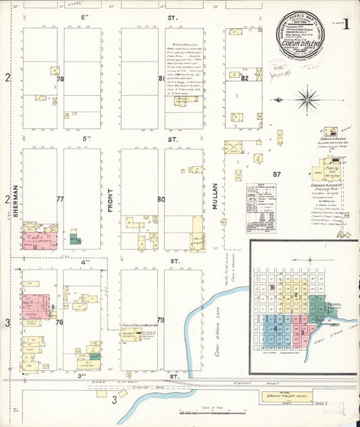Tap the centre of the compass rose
[x=307, y=99]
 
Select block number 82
[x=245, y=79]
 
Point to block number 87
[x=276, y=174]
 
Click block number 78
[x=60, y=80]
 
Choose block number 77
[x=60, y=199]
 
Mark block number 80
[x=161, y=199]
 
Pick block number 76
[x=59, y=322]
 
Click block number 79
[x=161, y=320]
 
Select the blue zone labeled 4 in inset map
[x=276, y=329]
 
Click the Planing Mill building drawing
[x=332, y=168]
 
